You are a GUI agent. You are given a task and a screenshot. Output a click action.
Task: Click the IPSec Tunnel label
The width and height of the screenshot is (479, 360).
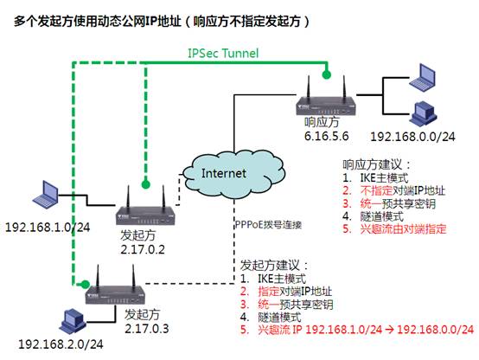pos(223,53)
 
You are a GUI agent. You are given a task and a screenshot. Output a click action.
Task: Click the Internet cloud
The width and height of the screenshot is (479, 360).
pos(233,174)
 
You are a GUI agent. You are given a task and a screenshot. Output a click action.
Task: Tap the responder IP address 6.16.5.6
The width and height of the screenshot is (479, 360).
pos(326,136)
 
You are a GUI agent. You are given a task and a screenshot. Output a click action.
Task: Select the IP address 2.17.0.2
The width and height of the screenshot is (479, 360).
pos(143,249)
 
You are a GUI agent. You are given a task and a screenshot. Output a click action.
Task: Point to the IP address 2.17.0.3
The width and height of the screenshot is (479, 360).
pos(147,329)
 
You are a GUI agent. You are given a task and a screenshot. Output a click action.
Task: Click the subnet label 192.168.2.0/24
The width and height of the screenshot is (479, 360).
pos(61,344)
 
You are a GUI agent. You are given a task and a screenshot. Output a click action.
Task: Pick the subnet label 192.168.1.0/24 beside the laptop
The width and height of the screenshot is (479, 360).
pos(48,228)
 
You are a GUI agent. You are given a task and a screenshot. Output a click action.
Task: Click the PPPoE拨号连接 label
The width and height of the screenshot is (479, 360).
pos(268,225)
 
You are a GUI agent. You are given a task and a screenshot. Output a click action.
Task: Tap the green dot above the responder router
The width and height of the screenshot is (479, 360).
pos(327,74)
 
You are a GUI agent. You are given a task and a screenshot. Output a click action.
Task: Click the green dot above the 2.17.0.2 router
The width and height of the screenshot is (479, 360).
pos(146,184)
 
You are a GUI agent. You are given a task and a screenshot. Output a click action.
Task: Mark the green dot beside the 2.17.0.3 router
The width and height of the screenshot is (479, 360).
pos(86,284)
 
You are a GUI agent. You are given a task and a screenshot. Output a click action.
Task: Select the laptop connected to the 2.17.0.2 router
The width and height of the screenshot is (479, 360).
pos(46,194)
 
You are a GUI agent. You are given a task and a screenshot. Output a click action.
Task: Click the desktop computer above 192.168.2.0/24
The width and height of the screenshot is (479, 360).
pos(73,321)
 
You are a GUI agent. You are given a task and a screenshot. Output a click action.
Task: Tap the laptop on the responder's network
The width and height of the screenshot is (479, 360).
pos(423,77)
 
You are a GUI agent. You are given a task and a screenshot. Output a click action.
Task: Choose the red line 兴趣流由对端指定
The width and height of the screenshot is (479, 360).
pos(394,229)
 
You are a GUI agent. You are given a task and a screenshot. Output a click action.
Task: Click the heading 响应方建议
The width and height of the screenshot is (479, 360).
pos(376,164)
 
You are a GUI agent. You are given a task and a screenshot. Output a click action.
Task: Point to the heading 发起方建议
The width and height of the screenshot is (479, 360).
pos(274,265)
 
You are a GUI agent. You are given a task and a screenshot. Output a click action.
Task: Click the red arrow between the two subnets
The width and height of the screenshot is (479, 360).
pos(389,330)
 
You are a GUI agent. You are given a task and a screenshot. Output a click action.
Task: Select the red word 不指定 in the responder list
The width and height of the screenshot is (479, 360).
pos(376,190)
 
